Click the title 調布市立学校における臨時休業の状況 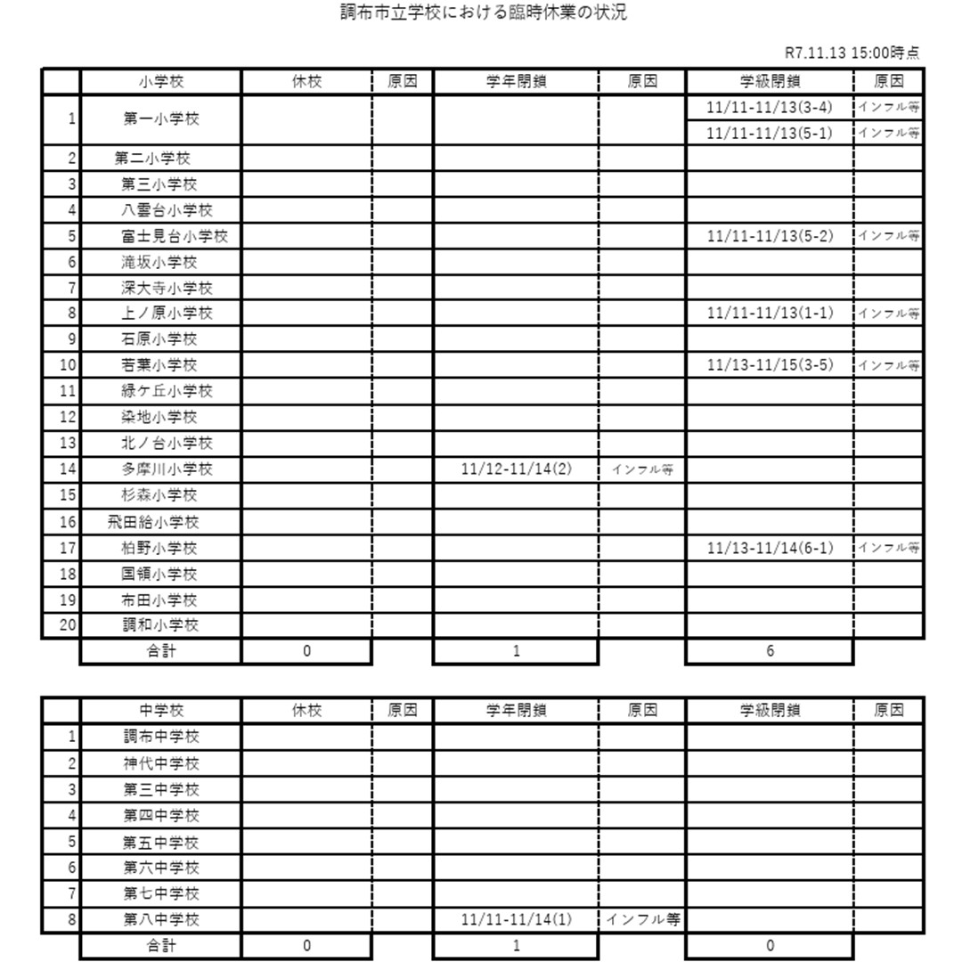(x=484, y=13)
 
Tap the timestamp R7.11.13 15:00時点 (x=852, y=53)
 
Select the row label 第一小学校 (x=161, y=119)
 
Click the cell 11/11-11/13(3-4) (x=770, y=107)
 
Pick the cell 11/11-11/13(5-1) (x=770, y=133)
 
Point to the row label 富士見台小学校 (x=175, y=236)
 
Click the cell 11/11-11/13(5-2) (x=770, y=236)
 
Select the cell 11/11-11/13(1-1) (x=770, y=314)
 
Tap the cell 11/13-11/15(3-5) (x=770, y=365)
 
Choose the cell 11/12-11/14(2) (x=517, y=469)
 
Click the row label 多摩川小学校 (x=167, y=469)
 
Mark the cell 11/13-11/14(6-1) (x=770, y=548)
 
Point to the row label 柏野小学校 (x=160, y=548)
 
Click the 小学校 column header (x=161, y=82)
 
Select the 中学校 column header (x=161, y=711)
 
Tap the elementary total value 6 (x=770, y=651)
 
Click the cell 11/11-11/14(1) (x=517, y=919)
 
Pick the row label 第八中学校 (x=161, y=919)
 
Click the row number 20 (x=68, y=624)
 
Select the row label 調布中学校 (x=161, y=738)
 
